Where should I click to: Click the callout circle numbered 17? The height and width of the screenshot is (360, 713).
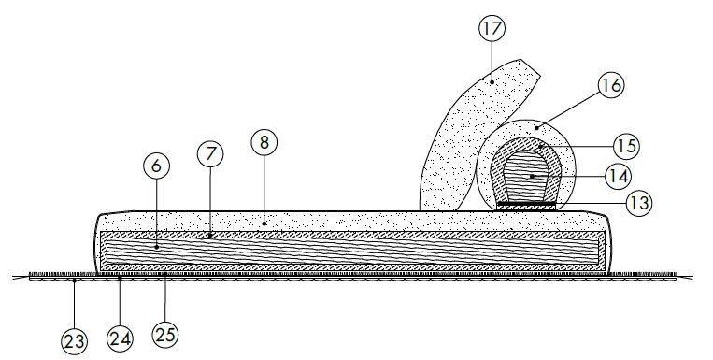tap(492, 28)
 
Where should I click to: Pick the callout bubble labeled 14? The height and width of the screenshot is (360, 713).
tap(619, 174)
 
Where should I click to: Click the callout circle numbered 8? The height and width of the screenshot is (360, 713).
tap(264, 144)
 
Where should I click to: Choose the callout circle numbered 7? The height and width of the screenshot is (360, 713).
tap(209, 153)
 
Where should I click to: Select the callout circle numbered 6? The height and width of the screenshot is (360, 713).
tap(155, 165)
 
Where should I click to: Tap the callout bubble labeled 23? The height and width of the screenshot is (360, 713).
tap(74, 341)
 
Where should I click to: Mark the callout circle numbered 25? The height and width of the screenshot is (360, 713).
tap(164, 331)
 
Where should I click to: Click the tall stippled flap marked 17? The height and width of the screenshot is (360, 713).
tap(472, 131)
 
